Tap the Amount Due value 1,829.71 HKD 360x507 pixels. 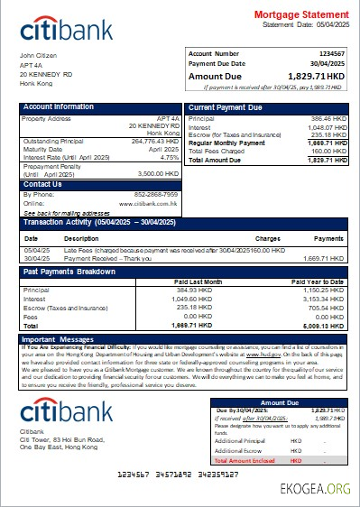coord(315,77)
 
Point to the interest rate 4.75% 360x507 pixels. coord(168,157)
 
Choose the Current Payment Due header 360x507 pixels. coord(226,107)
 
